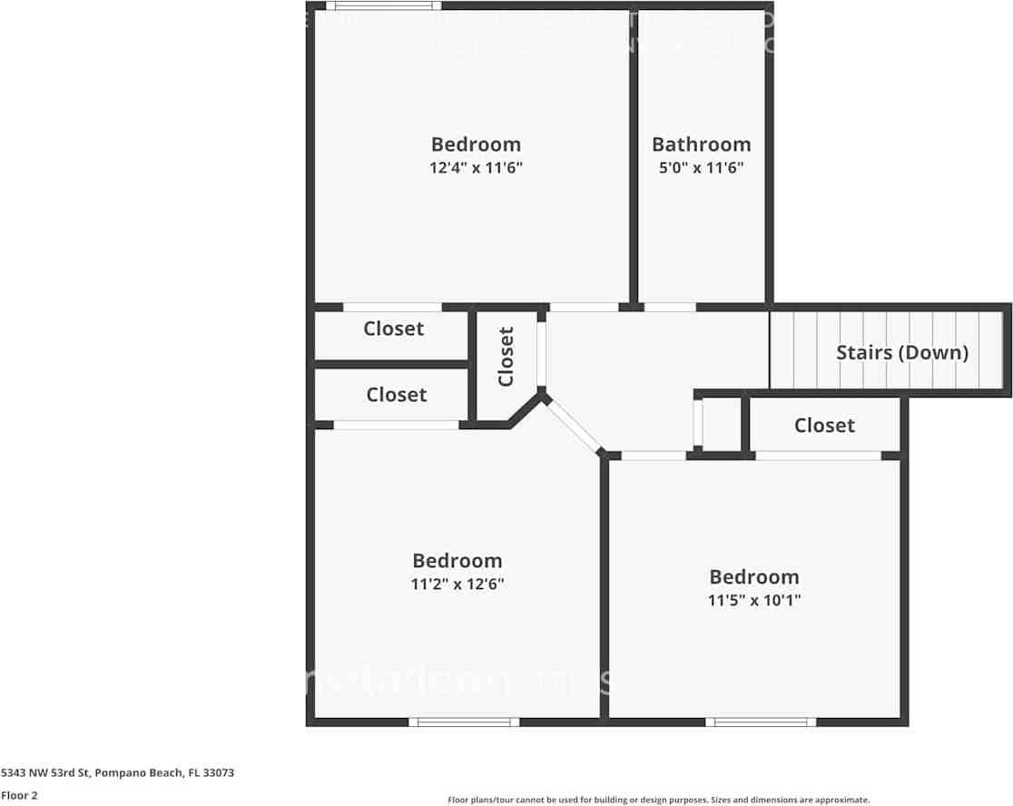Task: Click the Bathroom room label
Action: point(701,144)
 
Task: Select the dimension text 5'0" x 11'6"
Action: point(701,168)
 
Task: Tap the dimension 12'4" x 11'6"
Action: point(476,168)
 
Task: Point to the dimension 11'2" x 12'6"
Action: point(457,585)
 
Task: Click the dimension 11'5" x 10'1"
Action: point(753,600)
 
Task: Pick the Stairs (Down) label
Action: point(901,352)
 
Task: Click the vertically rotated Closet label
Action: point(506,357)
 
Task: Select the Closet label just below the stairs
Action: point(823,425)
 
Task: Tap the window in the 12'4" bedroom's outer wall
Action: point(378,6)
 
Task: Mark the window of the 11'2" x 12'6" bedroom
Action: point(464,722)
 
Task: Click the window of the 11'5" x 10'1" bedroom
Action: point(761,722)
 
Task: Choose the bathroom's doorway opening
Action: point(670,307)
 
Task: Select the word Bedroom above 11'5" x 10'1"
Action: point(753,577)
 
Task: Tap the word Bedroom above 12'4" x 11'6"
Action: point(476,144)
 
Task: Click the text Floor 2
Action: point(19,795)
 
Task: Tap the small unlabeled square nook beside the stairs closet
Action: point(722,424)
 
